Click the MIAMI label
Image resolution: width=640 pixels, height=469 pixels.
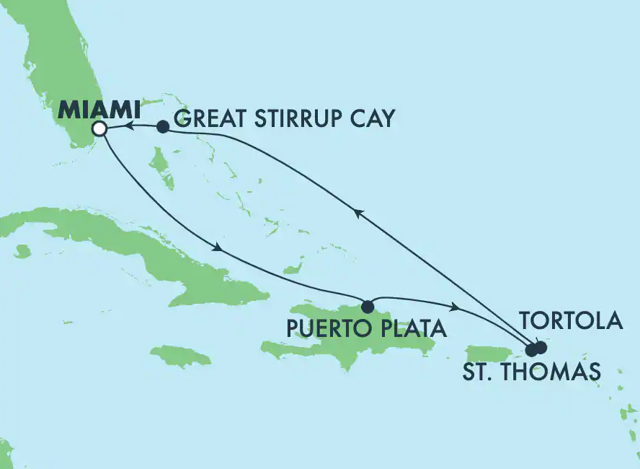[99, 110]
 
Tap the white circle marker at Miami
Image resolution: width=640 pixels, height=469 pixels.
[100, 129]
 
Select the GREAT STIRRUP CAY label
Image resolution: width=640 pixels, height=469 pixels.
[285, 118]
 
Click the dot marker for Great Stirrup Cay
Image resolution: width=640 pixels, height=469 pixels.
[163, 127]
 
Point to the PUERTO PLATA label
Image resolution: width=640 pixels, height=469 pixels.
[365, 330]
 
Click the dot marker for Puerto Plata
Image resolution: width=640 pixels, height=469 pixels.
[368, 305]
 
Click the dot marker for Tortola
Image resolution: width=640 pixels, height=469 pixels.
[541, 347]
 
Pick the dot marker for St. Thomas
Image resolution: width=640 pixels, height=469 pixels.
[532, 351]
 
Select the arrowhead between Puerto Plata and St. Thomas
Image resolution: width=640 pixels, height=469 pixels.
[454, 308]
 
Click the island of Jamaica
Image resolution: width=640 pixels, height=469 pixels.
[181, 356]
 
